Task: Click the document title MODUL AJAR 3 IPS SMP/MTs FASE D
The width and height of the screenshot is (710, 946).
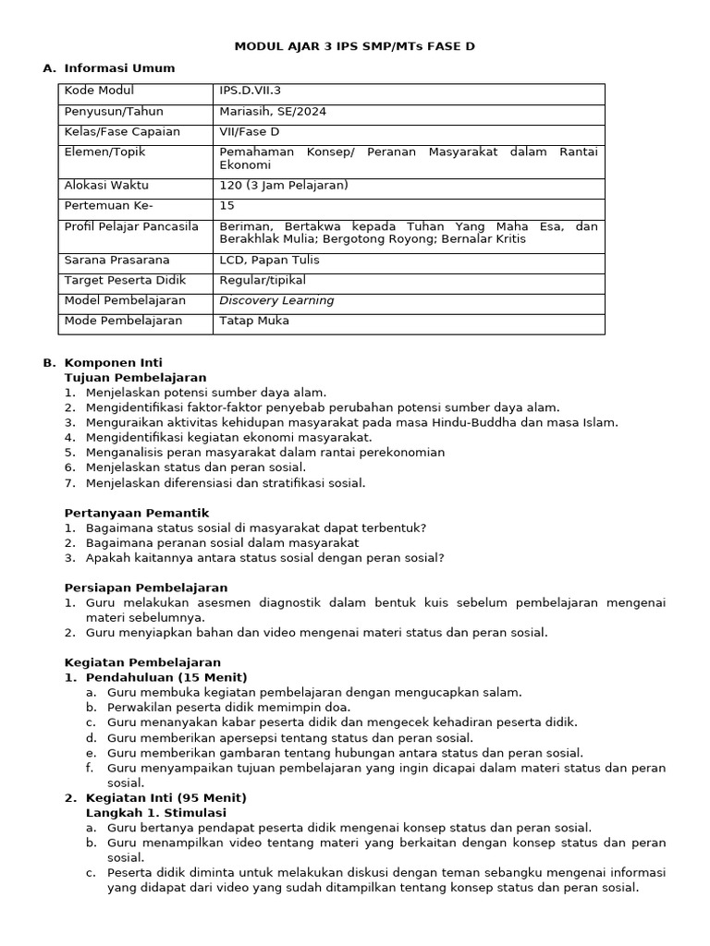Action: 355,45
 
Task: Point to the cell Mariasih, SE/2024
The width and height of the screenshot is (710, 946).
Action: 273,112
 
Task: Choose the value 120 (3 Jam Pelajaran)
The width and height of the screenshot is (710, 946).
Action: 284,185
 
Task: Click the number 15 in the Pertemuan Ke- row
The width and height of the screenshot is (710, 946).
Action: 226,205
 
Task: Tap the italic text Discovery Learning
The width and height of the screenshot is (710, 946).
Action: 276,300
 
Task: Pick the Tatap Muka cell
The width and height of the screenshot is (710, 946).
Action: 254,321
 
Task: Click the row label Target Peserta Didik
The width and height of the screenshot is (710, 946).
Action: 119,280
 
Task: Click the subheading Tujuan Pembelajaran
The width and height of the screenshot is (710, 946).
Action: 135,378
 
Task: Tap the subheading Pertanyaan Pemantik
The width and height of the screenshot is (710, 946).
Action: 137,513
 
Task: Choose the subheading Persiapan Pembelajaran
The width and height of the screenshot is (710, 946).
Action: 146,588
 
